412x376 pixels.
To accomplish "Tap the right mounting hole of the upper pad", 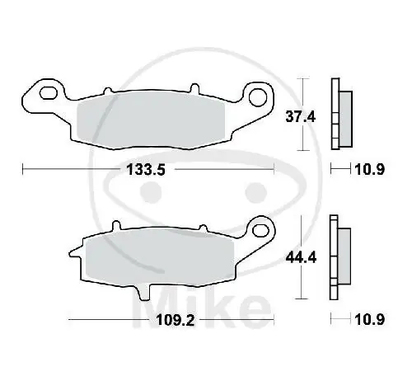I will [258, 96].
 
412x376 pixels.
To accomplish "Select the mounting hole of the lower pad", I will [262, 226].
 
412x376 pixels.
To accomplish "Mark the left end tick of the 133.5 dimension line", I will [22, 170].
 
